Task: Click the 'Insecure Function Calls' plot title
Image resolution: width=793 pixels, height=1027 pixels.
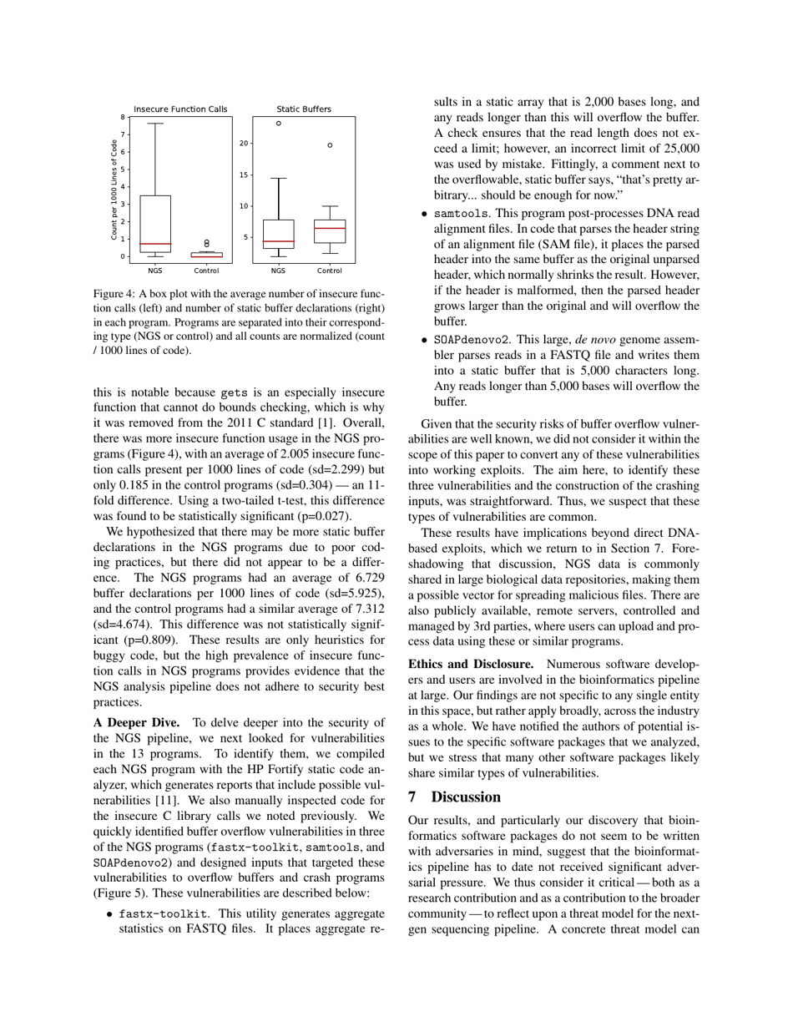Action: click(180, 109)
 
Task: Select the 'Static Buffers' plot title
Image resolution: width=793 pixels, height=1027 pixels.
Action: click(304, 109)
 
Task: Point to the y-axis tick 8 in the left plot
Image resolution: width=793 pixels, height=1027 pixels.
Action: click(123, 117)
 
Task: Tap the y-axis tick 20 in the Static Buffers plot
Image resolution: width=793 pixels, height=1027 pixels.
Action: click(244, 144)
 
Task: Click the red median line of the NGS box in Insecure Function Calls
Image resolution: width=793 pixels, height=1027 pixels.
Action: click(155, 244)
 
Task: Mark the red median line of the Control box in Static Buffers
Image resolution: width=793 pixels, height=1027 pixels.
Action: click(330, 228)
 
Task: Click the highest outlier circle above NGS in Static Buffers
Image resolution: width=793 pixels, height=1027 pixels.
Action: click(278, 123)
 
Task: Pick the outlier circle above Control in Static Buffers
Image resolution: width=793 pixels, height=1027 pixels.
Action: click(330, 145)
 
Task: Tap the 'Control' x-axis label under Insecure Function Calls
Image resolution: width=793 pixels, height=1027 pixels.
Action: click(206, 271)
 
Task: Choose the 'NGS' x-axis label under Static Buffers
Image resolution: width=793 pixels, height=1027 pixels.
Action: click(278, 271)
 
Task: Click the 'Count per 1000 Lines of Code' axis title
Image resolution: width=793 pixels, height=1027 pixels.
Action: click(114, 190)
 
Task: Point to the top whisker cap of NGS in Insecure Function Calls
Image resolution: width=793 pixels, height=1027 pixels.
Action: click(155, 124)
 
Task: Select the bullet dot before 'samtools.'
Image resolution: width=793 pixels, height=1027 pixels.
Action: click(424, 214)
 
